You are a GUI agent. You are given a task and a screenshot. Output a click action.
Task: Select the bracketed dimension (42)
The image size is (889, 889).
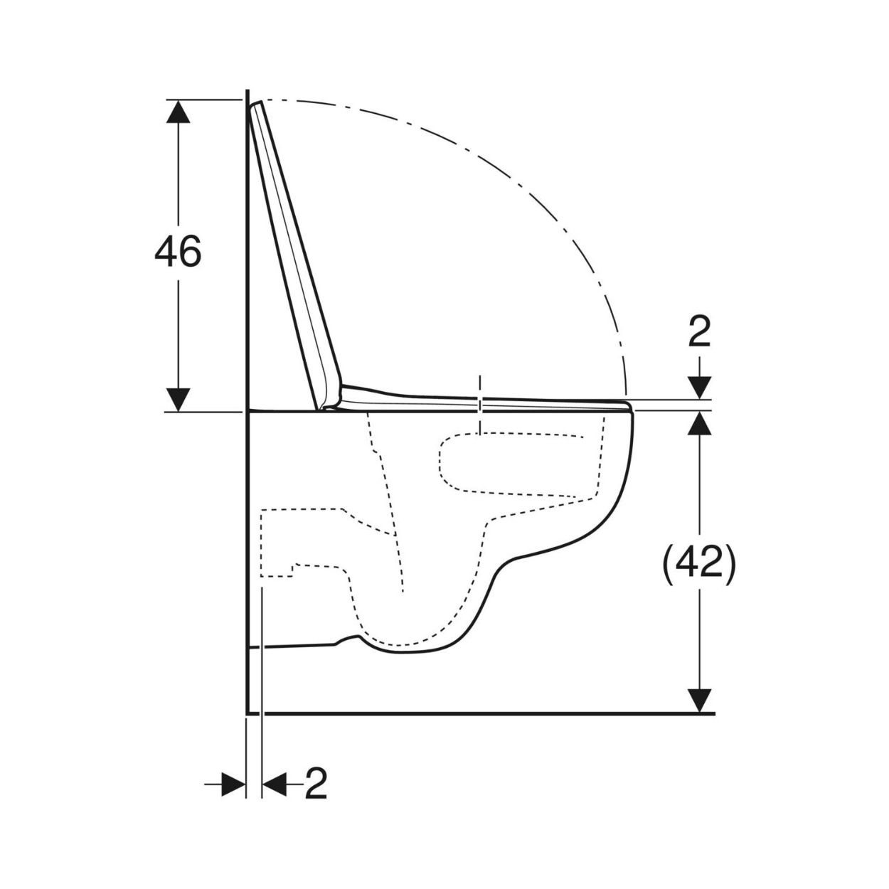tap(699, 568)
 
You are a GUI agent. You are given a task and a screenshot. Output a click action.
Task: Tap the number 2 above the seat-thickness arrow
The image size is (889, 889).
tap(699, 331)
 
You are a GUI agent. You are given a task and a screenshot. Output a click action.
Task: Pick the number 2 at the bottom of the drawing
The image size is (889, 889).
tap(316, 783)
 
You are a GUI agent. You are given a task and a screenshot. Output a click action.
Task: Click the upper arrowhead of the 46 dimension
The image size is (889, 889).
tap(178, 111)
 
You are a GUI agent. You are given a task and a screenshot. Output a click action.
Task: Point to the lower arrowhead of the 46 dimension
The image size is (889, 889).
tap(178, 400)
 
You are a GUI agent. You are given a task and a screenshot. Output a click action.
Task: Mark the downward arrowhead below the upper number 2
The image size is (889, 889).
tap(700, 388)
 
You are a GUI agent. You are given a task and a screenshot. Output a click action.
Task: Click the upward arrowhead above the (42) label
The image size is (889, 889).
tap(700, 423)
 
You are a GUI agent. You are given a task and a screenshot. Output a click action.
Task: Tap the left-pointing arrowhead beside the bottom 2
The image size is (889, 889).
tap(275, 783)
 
